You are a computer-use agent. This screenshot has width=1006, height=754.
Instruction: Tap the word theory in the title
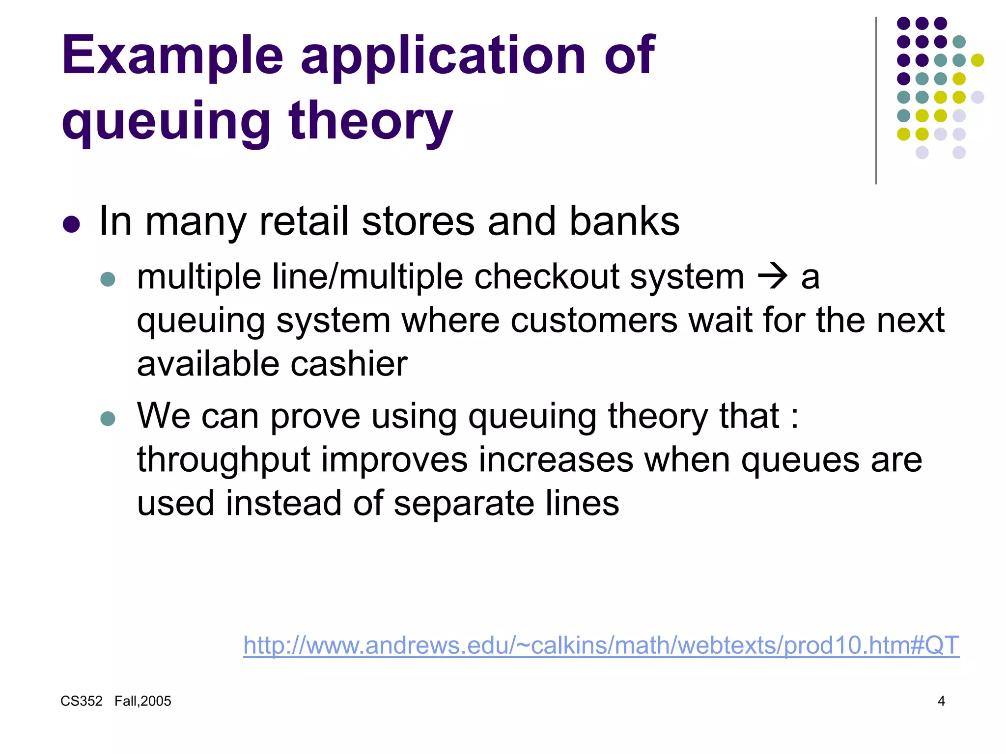coord(371,120)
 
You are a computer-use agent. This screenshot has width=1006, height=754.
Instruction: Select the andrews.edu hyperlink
coord(601,645)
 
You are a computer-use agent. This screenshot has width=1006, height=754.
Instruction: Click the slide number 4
coord(941,701)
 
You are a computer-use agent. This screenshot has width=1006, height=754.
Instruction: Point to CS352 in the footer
coord(82,701)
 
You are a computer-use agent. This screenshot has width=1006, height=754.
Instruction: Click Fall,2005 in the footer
coord(143,701)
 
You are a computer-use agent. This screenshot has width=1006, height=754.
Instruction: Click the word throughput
coord(224,460)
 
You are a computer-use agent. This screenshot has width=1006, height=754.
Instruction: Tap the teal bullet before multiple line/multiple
coord(108,279)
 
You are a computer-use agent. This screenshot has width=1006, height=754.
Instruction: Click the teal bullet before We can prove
coord(108,418)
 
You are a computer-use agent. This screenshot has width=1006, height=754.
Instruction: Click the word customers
coord(594,320)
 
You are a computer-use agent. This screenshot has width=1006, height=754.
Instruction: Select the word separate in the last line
coord(464,504)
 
